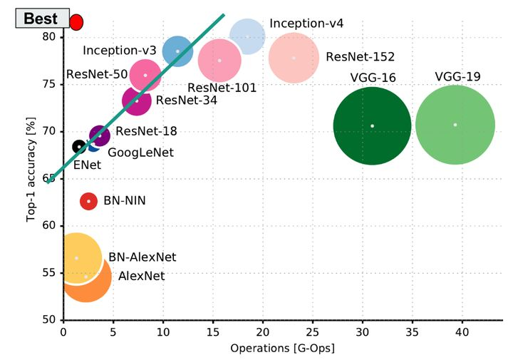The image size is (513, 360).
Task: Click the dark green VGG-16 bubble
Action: click(x=372, y=126)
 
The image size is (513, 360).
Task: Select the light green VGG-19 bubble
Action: click(x=455, y=125)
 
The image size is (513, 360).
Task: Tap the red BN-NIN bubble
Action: click(x=88, y=202)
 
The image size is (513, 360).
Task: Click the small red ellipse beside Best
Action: click(x=77, y=21)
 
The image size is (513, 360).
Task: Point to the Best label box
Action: click(x=41, y=19)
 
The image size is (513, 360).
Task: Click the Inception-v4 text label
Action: click(x=306, y=24)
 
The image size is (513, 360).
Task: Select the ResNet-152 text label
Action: click(x=360, y=57)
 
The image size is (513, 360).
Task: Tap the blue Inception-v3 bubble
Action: click(x=177, y=51)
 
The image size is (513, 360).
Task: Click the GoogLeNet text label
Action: click(x=140, y=152)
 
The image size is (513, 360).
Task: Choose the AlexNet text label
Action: click(x=141, y=276)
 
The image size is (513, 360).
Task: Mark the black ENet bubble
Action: click(x=79, y=146)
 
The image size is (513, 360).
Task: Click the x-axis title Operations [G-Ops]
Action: click(x=282, y=349)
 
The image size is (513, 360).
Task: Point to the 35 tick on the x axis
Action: click(x=412, y=332)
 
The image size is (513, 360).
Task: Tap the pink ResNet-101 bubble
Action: click(x=219, y=61)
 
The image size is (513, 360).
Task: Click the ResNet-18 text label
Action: click(x=146, y=131)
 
